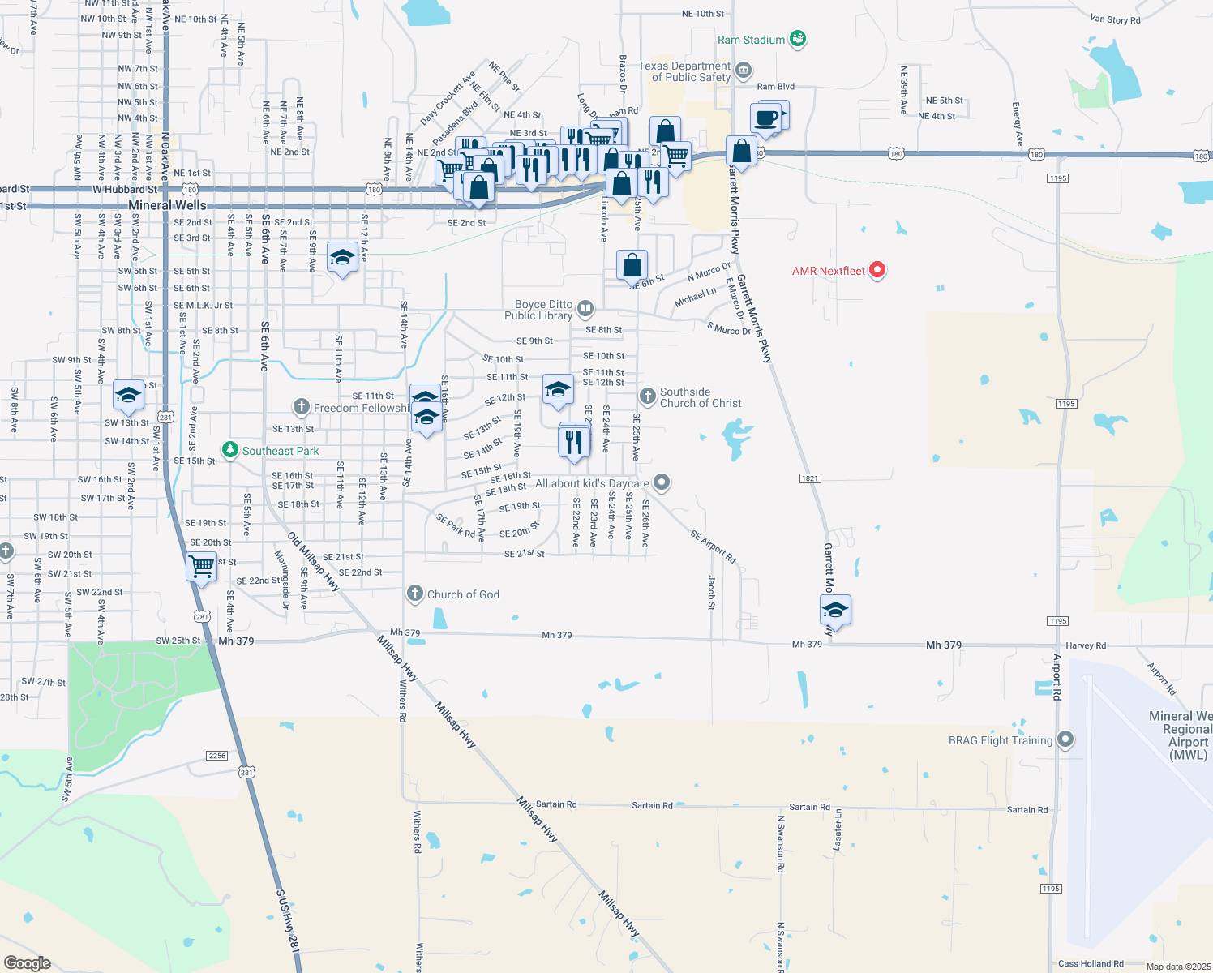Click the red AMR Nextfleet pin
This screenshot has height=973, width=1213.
click(x=877, y=270)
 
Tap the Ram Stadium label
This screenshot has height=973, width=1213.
click(x=751, y=40)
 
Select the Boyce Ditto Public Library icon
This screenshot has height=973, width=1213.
click(x=585, y=309)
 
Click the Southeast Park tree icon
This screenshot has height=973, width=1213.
click(x=230, y=450)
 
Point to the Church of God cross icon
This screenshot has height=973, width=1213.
click(x=415, y=594)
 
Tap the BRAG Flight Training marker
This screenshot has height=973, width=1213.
click(x=1066, y=739)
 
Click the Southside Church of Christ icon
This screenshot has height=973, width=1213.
click(x=647, y=396)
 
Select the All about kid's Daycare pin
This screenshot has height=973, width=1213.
click(x=662, y=483)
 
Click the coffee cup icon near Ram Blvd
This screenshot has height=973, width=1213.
click(x=765, y=118)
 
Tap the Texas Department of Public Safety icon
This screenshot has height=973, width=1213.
click(x=743, y=73)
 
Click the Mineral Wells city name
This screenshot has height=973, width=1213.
click(x=167, y=205)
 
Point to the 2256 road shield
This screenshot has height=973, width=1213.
click(x=217, y=756)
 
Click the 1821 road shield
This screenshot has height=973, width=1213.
click(x=810, y=478)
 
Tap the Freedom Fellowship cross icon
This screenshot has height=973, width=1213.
click(x=302, y=407)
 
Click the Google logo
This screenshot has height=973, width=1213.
click(x=27, y=962)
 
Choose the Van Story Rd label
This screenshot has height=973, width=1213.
click(x=1115, y=19)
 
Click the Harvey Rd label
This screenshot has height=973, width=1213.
click(x=1086, y=646)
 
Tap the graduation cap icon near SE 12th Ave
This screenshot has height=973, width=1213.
click(x=342, y=258)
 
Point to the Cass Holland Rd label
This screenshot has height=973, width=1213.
click(x=1091, y=964)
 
